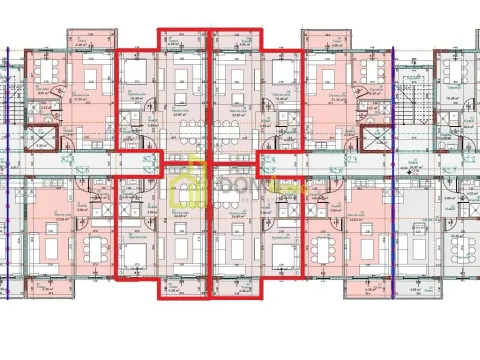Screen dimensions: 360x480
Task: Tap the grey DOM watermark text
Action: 240,187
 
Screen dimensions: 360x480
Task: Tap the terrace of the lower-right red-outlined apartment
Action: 236,291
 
